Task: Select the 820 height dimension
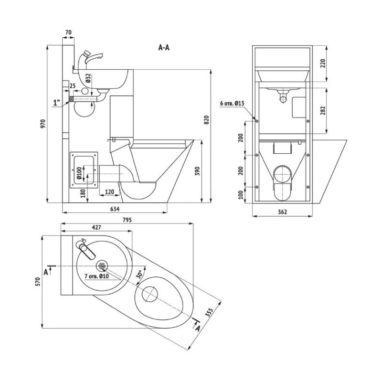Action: [x=207, y=121]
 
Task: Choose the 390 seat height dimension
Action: [x=207, y=170]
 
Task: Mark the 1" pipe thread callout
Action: [x=57, y=102]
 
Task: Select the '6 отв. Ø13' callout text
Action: [x=233, y=104]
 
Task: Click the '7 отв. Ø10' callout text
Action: [x=97, y=276]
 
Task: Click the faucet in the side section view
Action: [x=91, y=58]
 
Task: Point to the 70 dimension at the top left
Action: [x=68, y=32]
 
